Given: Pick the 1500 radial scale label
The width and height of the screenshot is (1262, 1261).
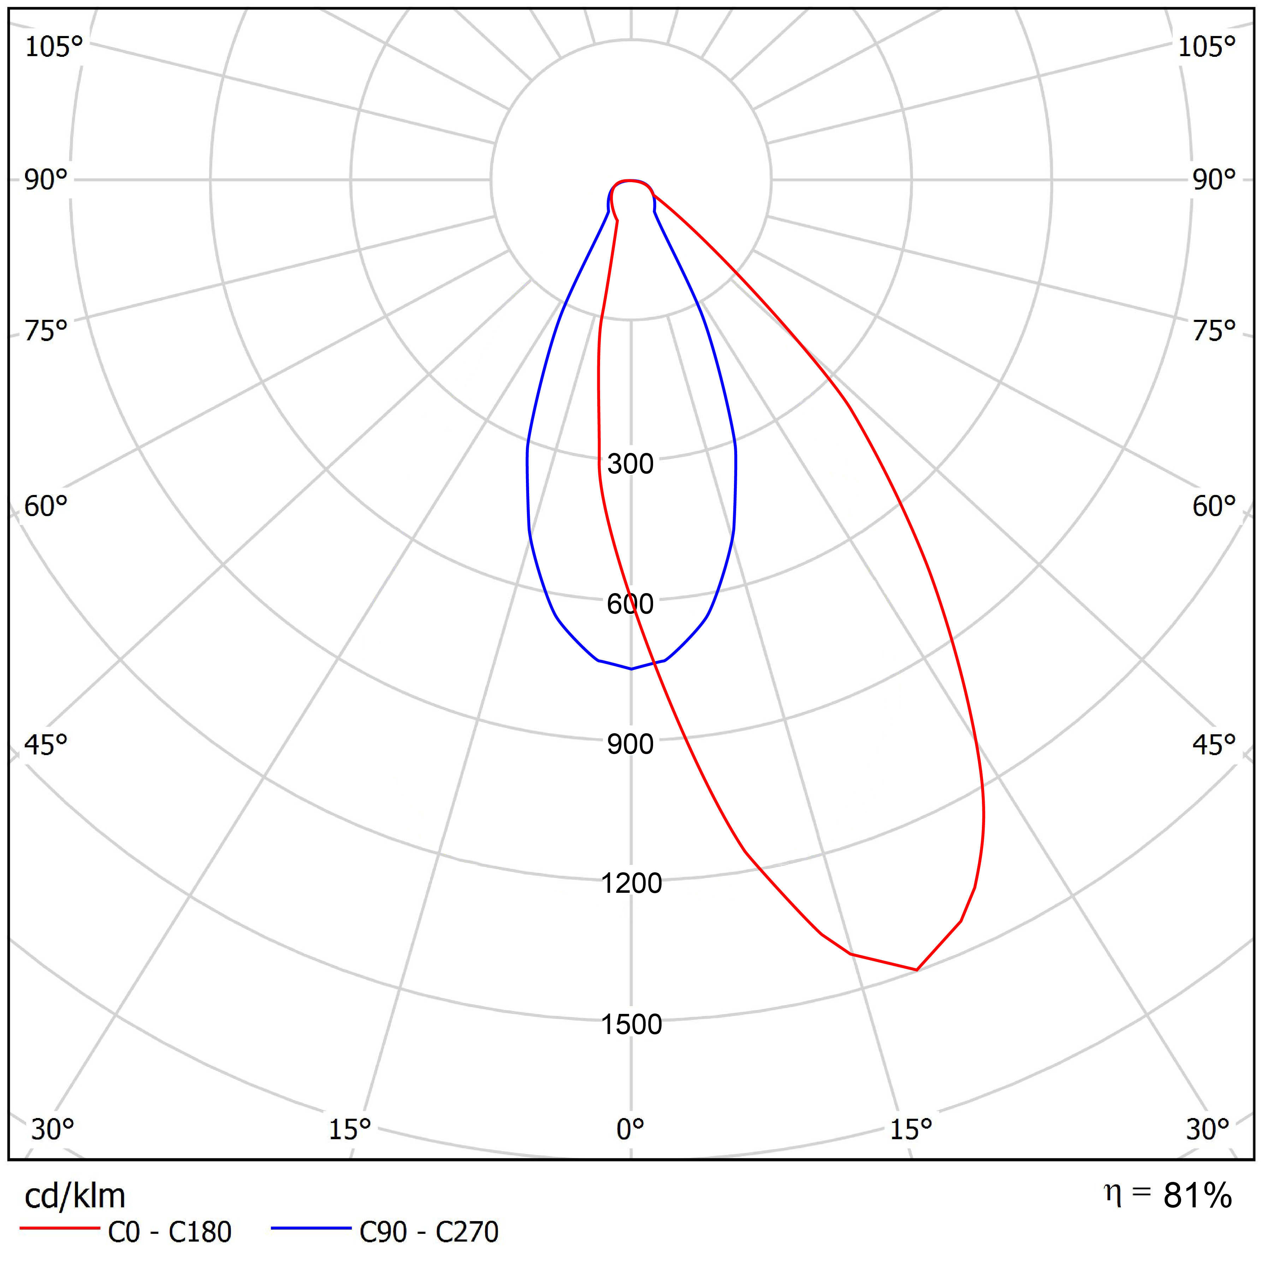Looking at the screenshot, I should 631,1024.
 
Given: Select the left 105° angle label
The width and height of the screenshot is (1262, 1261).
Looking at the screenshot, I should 54,47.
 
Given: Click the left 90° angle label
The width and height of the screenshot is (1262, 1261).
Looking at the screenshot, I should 46,180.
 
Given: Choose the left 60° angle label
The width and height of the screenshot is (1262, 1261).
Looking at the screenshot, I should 46,506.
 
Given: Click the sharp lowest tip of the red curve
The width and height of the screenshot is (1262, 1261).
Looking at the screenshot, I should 917,970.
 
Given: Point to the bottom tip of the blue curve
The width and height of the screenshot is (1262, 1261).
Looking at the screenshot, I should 631,669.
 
